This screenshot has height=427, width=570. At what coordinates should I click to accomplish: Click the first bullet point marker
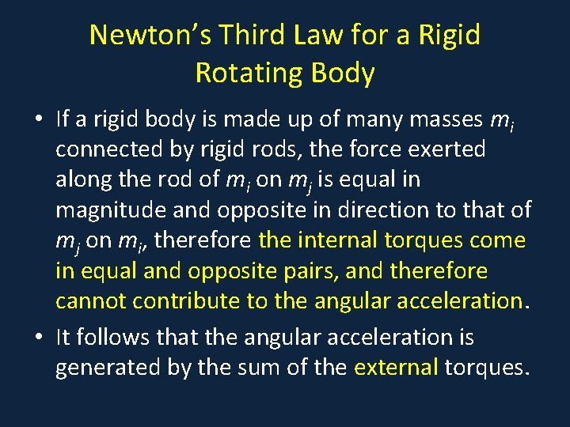coord(39,119)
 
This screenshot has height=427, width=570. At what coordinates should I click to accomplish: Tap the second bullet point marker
coord(39,338)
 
